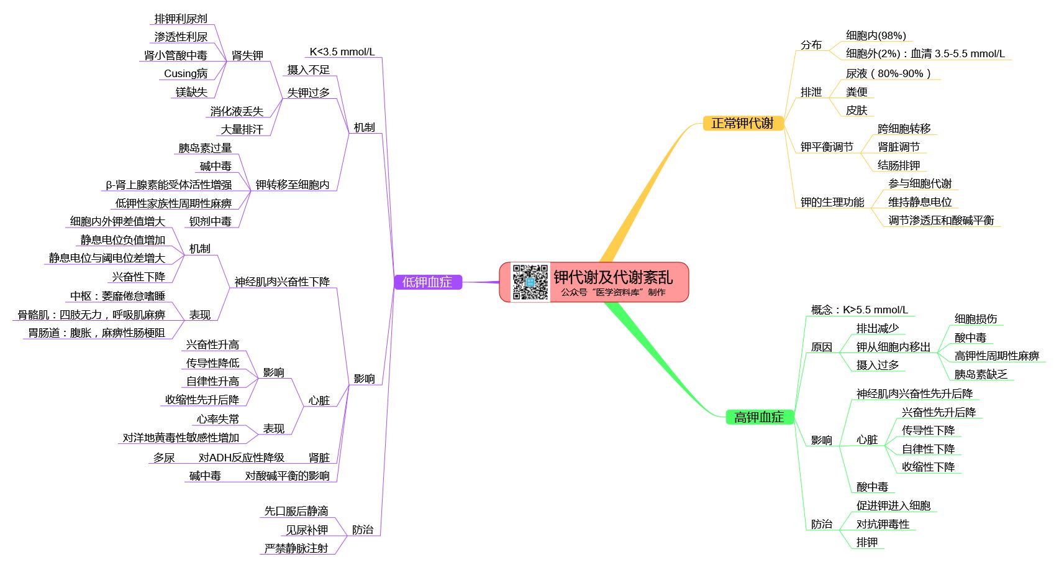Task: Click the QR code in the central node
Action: click(x=530, y=282)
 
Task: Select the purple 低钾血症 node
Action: click(x=428, y=282)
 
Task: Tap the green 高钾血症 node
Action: click(x=759, y=417)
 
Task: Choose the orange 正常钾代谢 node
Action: click(x=743, y=123)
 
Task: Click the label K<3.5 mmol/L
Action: click(x=342, y=52)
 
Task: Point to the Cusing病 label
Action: click(x=186, y=73)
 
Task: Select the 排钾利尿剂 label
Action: click(x=181, y=19)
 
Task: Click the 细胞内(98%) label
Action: click(x=876, y=35)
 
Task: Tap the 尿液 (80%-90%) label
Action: click(x=888, y=73)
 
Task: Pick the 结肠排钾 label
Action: click(x=899, y=165)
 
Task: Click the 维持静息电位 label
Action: click(x=920, y=202)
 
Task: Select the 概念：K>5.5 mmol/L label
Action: click(x=860, y=310)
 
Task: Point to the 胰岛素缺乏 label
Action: click(x=981, y=374)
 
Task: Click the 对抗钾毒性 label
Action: click(x=883, y=524)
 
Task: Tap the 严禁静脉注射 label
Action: click(x=296, y=548)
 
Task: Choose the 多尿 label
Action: click(x=164, y=458)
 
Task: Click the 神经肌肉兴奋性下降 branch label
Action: click(x=282, y=282)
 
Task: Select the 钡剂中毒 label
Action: click(x=211, y=221)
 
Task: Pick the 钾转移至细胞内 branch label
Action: click(x=293, y=185)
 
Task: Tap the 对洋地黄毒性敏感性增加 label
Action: click(x=181, y=438)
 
